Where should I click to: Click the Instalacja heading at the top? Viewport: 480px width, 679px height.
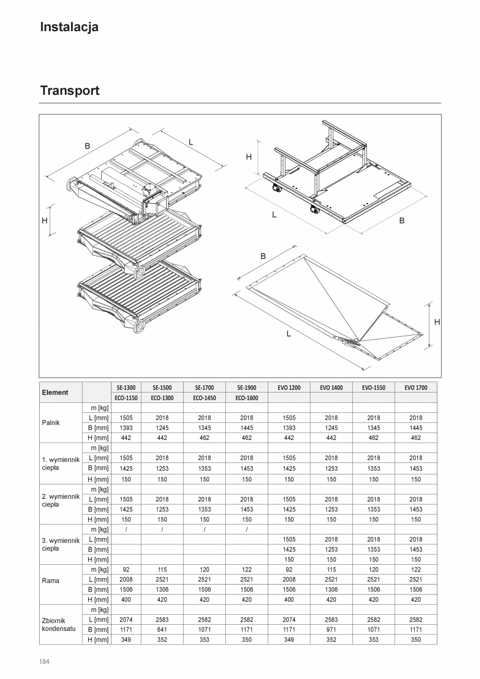(x=69, y=27)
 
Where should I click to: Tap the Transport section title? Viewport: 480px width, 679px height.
(x=70, y=90)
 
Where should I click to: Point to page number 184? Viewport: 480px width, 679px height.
(x=44, y=661)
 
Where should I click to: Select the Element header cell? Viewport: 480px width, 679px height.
(x=55, y=392)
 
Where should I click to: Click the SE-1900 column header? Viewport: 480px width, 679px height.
(x=247, y=388)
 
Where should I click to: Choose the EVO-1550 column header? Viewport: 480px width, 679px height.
(x=373, y=388)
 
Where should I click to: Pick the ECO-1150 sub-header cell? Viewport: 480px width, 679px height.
(x=126, y=398)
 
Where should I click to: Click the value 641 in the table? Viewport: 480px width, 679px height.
(x=162, y=629)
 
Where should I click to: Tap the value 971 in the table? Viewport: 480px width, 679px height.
(x=331, y=629)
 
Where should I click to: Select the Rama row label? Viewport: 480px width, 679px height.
(x=51, y=580)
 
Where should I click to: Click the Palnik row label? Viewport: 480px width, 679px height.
(x=51, y=423)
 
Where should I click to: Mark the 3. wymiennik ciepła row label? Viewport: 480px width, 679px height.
(x=61, y=544)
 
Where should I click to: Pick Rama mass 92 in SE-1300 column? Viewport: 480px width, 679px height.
(x=126, y=569)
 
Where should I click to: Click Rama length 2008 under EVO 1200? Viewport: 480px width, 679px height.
(x=289, y=579)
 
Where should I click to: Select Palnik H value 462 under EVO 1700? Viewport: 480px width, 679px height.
(x=416, y=438)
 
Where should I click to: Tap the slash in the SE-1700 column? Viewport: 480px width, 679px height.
(x=205, y=530)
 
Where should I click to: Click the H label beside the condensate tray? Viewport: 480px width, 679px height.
(x=437, y=323)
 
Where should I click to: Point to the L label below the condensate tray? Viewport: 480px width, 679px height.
(x=289, y=333)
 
